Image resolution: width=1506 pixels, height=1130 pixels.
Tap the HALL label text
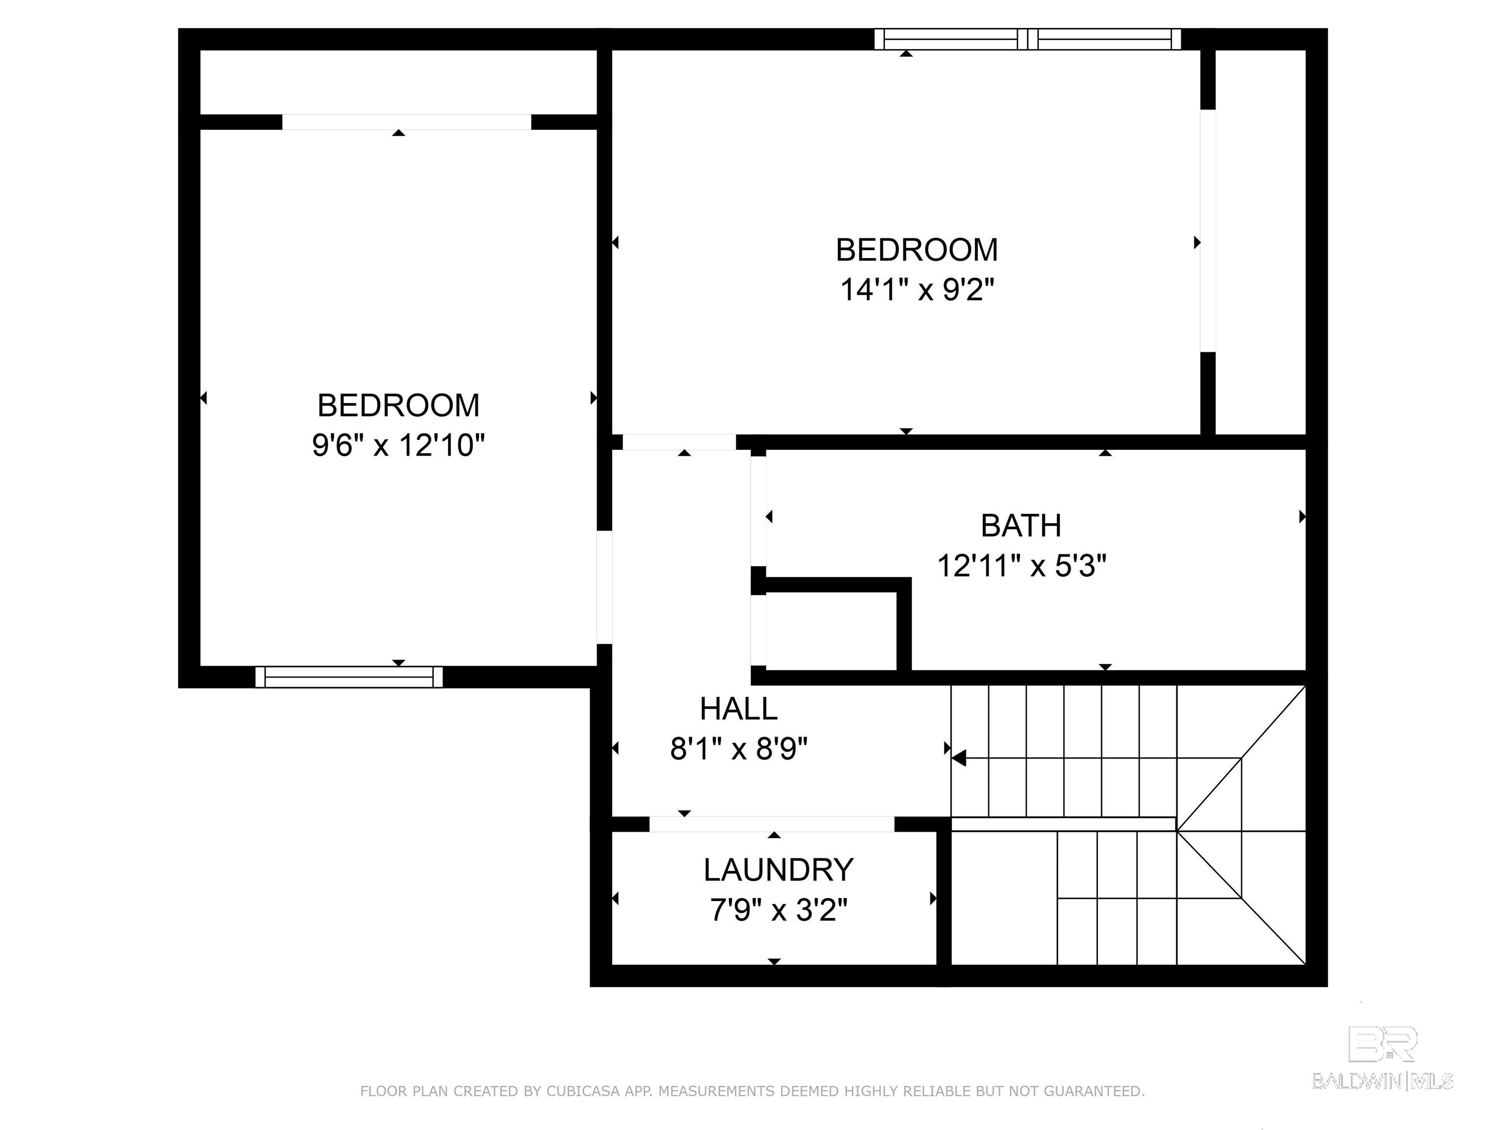[739, 710]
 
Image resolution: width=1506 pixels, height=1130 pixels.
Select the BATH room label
[1021, 526]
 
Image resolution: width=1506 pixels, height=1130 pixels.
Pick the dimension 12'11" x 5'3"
[1021, 565]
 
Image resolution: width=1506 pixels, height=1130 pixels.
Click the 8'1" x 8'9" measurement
[739, 749]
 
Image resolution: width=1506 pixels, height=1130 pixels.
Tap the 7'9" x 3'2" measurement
[778, 910]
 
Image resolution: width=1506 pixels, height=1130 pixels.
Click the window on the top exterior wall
[1028, 40]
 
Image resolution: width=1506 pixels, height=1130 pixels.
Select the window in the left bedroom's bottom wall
[349, 677]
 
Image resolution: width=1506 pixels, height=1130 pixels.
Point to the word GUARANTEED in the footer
[1093, 1091]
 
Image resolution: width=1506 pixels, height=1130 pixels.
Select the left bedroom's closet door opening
[406, 122]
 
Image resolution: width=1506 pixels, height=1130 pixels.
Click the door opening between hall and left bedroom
[604, 587]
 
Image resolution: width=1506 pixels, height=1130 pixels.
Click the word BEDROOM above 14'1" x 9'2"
[917, 250]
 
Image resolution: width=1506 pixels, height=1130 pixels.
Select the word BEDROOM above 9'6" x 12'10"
[398, 406]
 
